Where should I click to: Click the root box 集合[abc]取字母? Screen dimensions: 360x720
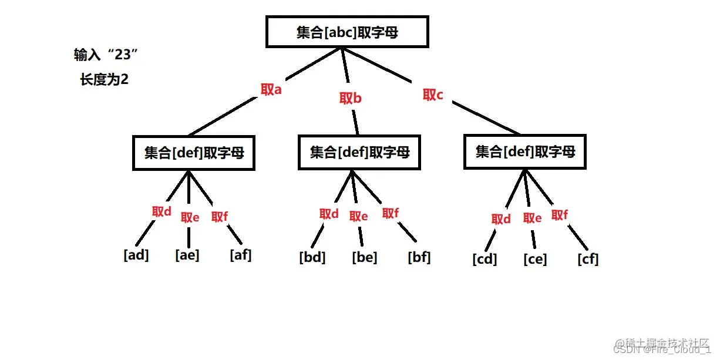[347, 32]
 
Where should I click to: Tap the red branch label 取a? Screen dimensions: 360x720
[271, 90]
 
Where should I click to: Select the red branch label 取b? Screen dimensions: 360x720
[350, 98]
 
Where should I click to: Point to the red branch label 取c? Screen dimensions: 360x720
[433, 95]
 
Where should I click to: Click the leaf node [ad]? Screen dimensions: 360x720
[136, 255]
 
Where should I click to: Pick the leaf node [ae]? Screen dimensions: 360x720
[187, 255]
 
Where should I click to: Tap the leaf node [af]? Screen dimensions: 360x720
[241, 255]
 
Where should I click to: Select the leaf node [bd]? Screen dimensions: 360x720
[312, 257]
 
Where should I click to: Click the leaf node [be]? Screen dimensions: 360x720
[365, 257]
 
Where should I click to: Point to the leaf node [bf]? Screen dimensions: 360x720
[419, 257]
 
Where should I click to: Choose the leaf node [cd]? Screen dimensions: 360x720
[485, 258]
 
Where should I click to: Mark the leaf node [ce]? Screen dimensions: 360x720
[535, 258]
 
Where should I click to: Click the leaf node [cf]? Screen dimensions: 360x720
[588, 258]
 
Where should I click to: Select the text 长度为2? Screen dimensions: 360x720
[104, 79]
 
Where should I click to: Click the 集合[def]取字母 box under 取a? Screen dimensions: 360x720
[194, 153]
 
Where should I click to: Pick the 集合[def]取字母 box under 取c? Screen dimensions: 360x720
[525, 152]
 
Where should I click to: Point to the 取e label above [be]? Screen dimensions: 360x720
[358, 216]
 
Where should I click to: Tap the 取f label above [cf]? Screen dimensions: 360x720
[560, 215]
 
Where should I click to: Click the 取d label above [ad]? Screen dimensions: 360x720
[162, 211]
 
